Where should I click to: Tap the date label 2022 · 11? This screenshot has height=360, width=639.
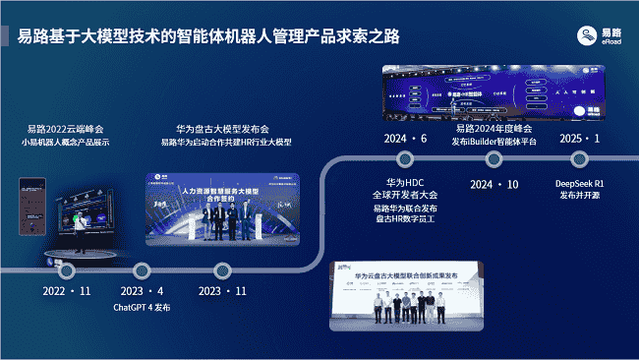click(x=68, y=291)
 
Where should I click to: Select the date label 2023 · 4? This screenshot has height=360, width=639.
click(x=142, y=291)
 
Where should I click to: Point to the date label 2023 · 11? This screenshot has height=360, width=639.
click(x=221, y=291)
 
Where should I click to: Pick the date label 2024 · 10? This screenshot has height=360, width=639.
click(x=494, y=184)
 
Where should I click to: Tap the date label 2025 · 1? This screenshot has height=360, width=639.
click(x=577, y=138)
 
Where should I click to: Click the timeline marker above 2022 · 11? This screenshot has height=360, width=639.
click(x=68, y=269)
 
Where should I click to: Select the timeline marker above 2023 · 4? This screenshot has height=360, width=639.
click(x=142, y=269)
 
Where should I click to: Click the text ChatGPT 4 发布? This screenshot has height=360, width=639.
click(x=142, y=307)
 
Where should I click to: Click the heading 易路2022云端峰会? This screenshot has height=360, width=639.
click(x=67, y=128)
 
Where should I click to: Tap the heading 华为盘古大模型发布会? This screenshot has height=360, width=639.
click(x=225, y=128)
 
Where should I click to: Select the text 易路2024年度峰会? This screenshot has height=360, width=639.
click(x=494, y=128)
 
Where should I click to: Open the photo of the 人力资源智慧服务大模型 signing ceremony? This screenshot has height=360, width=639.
click(x=226, y=207)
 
